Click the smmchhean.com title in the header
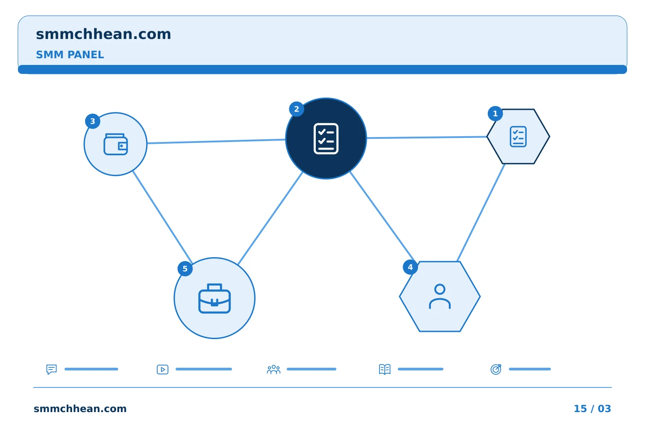point(103,34)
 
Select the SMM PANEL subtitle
point(70,55)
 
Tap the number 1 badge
point(495,113)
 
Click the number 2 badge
point(297,109)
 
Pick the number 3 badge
point(92,121)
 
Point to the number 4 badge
point(410,267)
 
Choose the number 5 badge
point(185,269)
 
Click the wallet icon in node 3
point(116,144)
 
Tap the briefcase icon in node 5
point(215,298)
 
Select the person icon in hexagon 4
point(440,297)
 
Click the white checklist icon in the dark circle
point(326,138)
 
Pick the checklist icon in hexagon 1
point(518,137)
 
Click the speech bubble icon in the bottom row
point(52,369)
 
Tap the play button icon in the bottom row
point(163,370)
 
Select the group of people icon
point(274,370)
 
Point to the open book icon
point(385,369)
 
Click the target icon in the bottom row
point(496,369)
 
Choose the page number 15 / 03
point(592,408)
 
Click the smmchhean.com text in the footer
point(80,408)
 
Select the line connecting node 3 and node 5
point(163,217)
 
